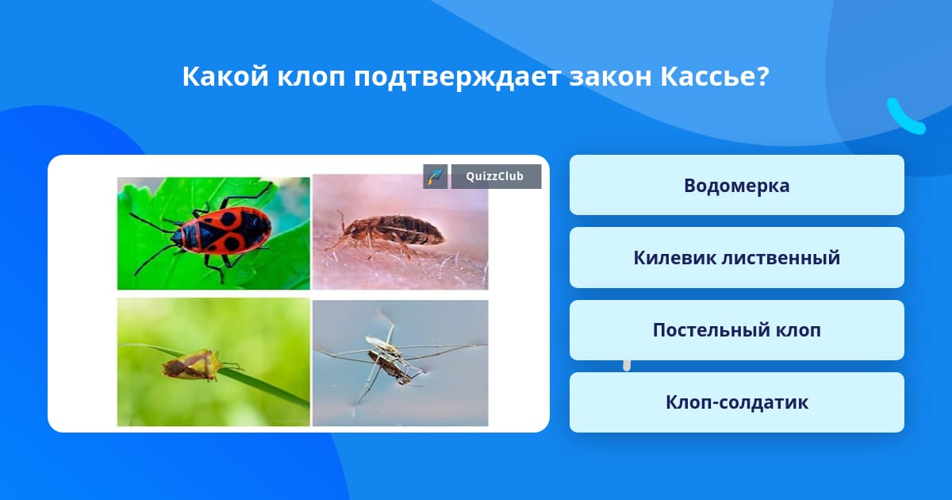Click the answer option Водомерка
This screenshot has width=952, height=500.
[x=736, y=185]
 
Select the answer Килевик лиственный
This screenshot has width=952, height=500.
[x=736, y=258]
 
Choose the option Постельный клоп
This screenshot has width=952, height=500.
[x=736, y=330]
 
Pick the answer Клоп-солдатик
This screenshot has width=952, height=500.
[x=736, y=402]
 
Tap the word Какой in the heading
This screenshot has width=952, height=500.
[x=225, y=76]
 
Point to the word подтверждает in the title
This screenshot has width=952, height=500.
[x=457, y=78]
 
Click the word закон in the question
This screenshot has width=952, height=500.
[x=610, y=78]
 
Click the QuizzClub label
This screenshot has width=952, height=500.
[x=496, y=176]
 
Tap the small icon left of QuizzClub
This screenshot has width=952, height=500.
[x=436, y=176]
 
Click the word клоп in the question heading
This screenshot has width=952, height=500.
[x=311, y=78]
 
